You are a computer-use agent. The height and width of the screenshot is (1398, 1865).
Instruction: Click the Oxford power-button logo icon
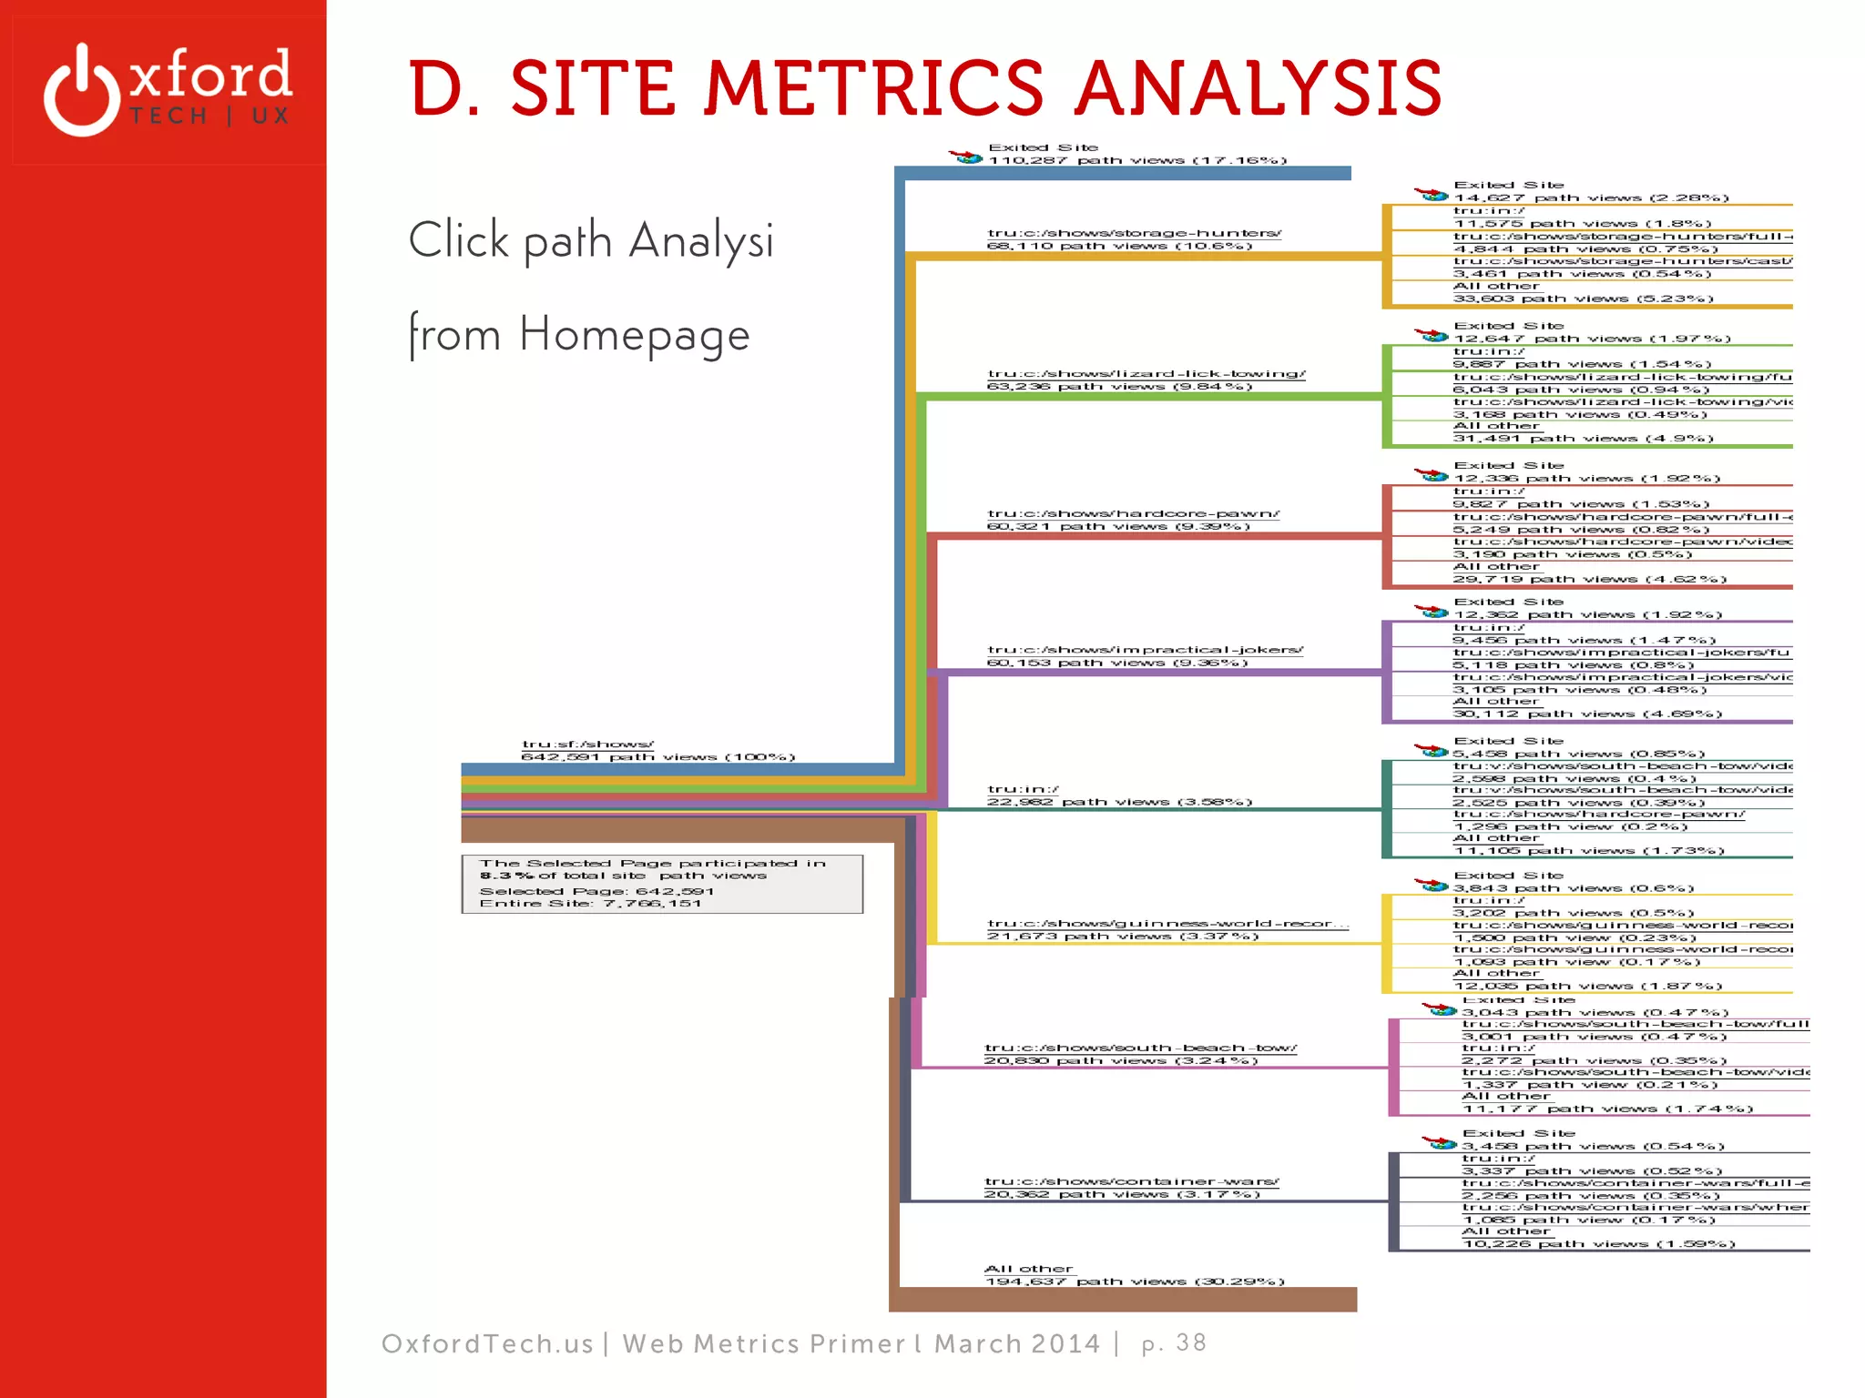click(82, 90)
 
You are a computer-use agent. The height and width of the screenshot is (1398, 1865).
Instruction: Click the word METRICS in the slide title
click(873, 88)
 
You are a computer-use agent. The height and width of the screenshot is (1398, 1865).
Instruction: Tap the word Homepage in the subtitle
click(634, 334)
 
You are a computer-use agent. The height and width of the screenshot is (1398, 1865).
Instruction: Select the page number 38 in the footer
click(1190, 1342)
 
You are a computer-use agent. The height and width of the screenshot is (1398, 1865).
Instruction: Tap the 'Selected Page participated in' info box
click(661, 883)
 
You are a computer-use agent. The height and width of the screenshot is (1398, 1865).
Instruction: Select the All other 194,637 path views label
click(1129, 1274)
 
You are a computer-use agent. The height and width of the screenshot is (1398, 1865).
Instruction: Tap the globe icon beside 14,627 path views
click(1432, 195)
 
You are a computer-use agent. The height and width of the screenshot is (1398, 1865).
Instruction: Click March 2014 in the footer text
click(1017, 1343)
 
